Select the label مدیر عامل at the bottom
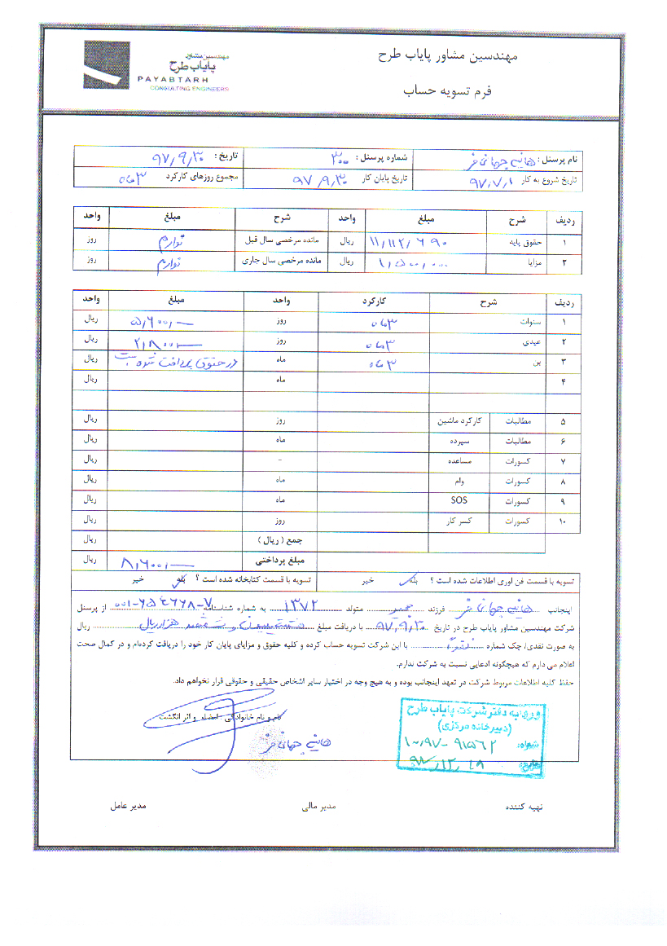pyautogui.click(x=129, y=807)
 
